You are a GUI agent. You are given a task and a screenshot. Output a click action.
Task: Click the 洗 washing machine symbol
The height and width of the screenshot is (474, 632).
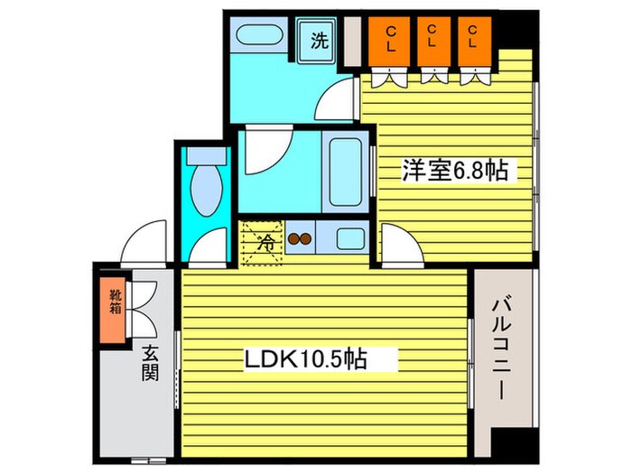tap(318, 39)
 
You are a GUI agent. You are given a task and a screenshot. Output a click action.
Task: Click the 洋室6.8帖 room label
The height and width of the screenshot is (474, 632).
tap(454, 170)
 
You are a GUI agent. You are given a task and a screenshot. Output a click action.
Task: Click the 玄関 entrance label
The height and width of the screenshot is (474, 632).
tap(149, 362)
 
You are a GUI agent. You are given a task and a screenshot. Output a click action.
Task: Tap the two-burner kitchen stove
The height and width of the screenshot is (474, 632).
tap(299, 240)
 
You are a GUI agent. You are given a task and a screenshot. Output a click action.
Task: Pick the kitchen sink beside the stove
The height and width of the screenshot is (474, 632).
tap(347, 240)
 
